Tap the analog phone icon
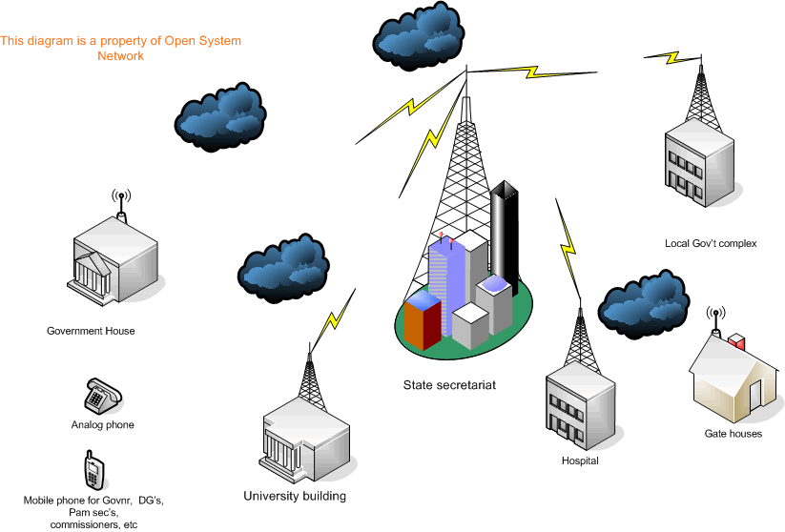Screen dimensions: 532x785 [x=102, y=394]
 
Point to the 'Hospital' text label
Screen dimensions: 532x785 [x=580, y=461]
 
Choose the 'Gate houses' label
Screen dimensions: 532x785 [x=733, y=434]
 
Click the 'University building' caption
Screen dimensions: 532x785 [x=295, y=496]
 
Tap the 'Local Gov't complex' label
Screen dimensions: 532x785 [x=711, y=243]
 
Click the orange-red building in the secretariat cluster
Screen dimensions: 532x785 [x=423, y=321]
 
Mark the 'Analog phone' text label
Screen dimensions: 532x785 [x=102, y=425]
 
